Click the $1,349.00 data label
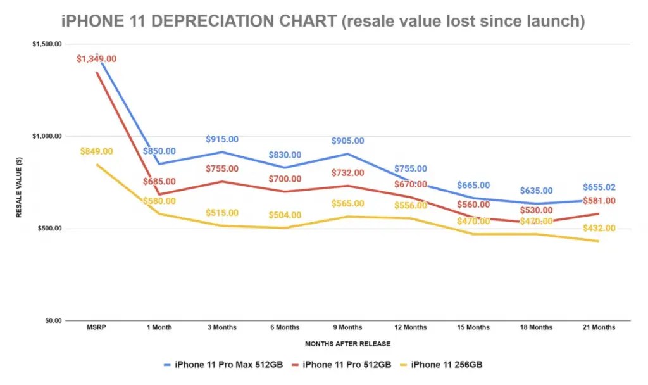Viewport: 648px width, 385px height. [96, 59]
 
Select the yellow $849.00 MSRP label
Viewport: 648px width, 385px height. [96, 151]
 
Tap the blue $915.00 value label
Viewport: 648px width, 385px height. [221, 139]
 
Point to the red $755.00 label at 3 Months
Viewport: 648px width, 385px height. [221, 169]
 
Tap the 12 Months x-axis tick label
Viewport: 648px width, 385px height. [409, 327]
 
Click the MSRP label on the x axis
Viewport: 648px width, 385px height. [96, 327]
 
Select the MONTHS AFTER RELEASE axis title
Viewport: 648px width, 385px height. [347, 344]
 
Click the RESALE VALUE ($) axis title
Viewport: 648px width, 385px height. [19, 183]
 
